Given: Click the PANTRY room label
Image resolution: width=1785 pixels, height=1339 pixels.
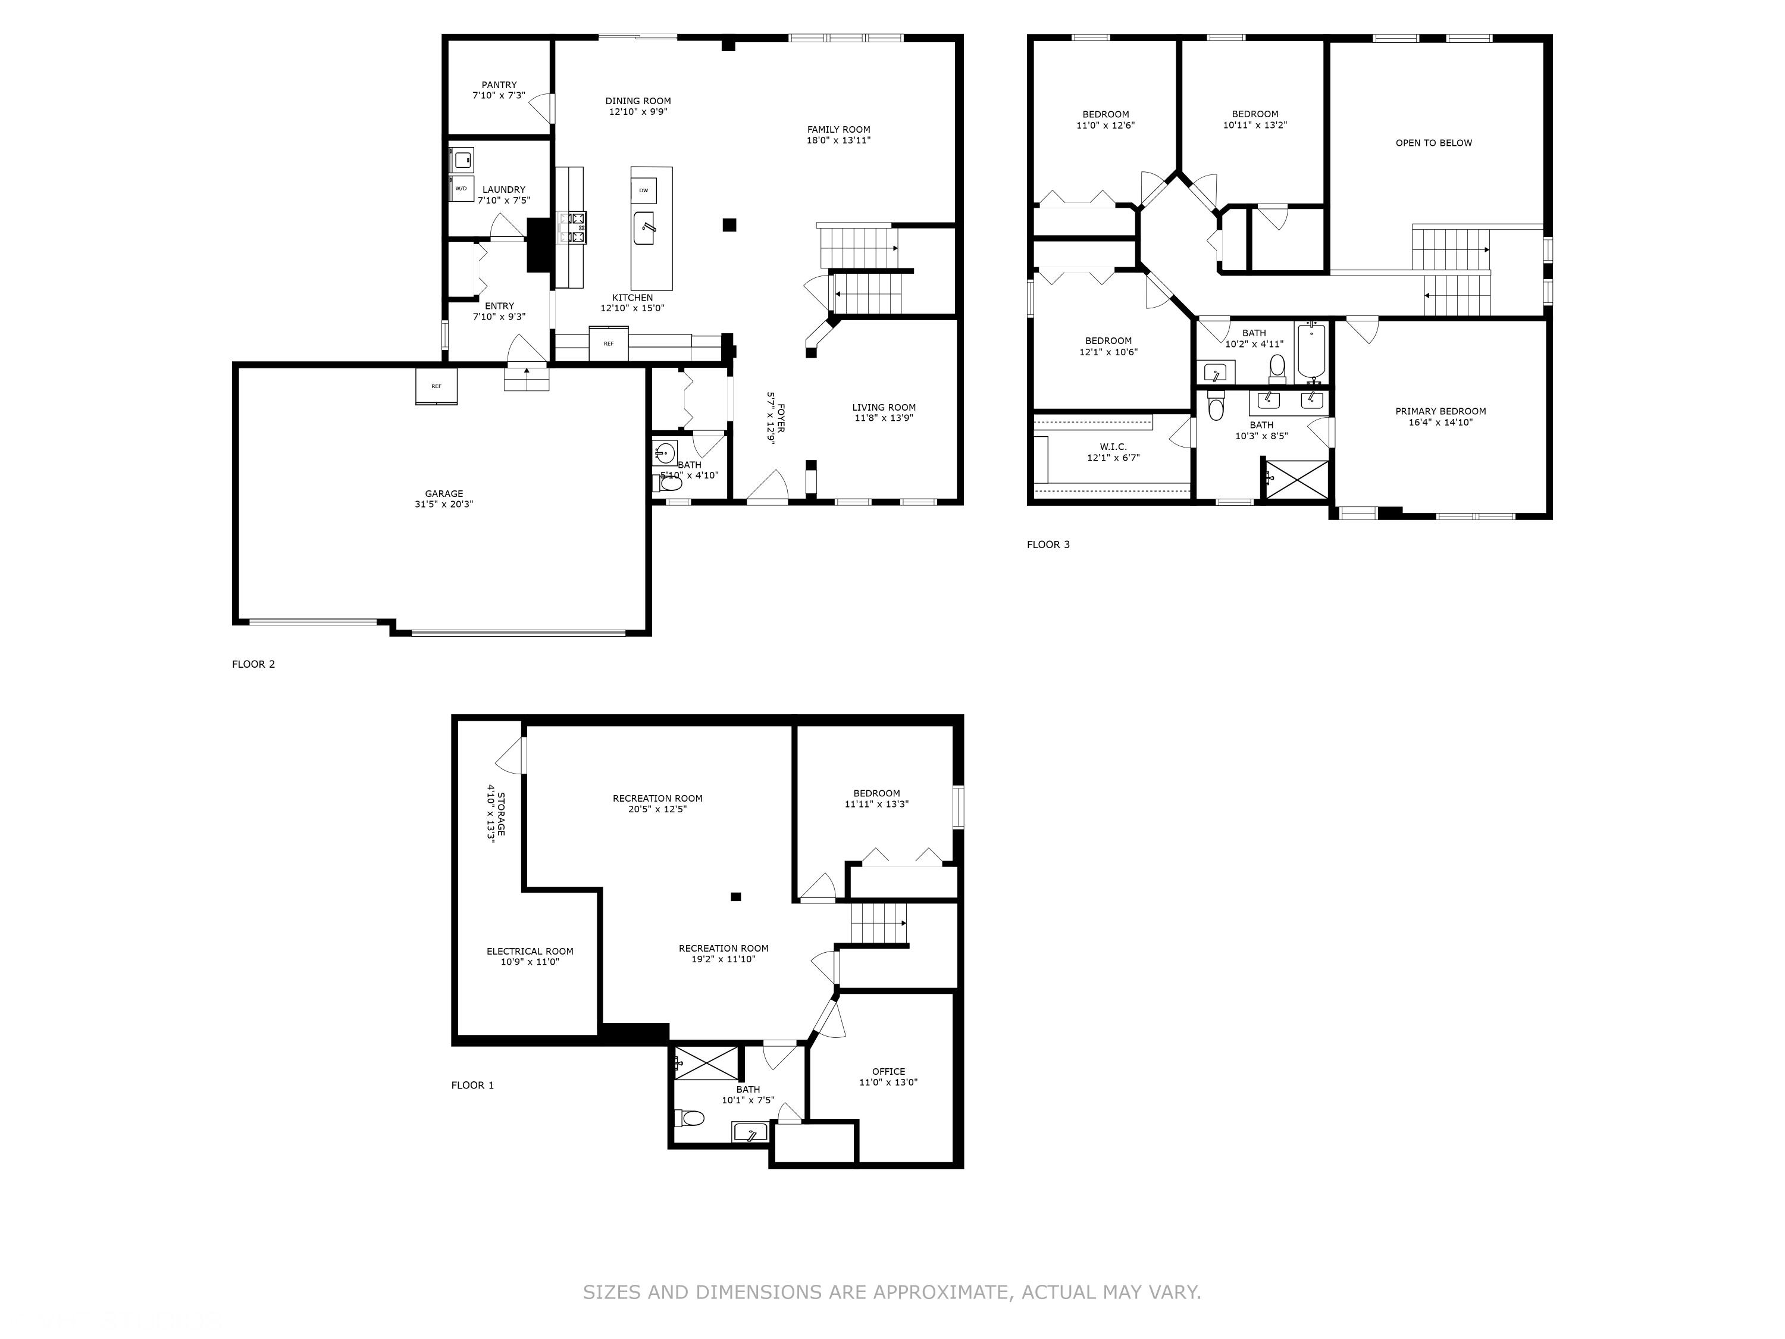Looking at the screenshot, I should (x=499, y=85).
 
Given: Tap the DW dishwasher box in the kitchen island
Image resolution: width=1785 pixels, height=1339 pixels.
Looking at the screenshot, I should (x=643, y=190).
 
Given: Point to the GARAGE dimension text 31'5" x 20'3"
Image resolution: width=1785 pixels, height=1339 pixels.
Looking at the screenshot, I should (x=444, y=505).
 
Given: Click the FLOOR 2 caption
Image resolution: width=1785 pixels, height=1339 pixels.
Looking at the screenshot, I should (x=253, y=664).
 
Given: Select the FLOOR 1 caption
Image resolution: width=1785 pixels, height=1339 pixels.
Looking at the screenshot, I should (x=472, y=1085).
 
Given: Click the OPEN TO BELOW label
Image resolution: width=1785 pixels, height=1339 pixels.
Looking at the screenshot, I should (x=1434, y=143).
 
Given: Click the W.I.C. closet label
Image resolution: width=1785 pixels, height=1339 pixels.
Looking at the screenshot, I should (x=1113, y=447).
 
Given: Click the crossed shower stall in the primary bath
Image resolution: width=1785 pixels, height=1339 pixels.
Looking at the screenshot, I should (x=1296, y=480).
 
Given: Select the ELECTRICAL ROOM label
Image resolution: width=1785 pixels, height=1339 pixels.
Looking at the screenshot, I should (x=530, y=952).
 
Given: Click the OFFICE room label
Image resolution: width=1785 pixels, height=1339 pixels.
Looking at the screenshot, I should (x=888, y=1072).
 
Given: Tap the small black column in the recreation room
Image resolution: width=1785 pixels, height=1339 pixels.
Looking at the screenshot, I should (x=736, y=896).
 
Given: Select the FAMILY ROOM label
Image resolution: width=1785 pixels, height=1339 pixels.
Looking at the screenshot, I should (x=838, y=129).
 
